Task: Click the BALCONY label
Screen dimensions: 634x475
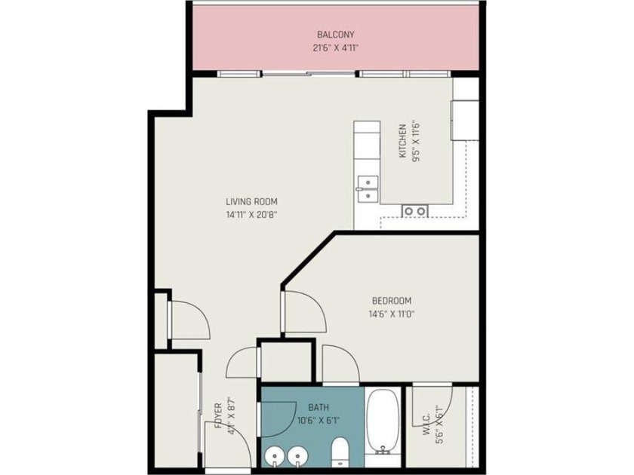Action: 336,35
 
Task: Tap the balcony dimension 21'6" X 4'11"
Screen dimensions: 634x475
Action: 336,48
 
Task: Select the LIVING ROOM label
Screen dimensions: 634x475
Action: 251,201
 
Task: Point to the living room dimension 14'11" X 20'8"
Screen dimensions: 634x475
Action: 251,215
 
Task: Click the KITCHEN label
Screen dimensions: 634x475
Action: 403,141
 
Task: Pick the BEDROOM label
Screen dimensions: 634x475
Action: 392,301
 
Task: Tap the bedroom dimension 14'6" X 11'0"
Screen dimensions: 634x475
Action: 392,314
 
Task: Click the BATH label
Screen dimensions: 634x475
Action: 319,407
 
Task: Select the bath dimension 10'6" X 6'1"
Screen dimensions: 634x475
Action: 319,421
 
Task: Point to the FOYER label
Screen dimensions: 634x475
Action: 218,415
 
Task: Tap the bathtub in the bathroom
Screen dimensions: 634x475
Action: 383,421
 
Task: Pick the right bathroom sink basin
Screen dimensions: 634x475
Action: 298,456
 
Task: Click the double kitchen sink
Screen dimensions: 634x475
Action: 368,189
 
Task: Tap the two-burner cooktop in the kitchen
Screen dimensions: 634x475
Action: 415,211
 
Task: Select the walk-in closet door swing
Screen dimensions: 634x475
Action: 432,406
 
